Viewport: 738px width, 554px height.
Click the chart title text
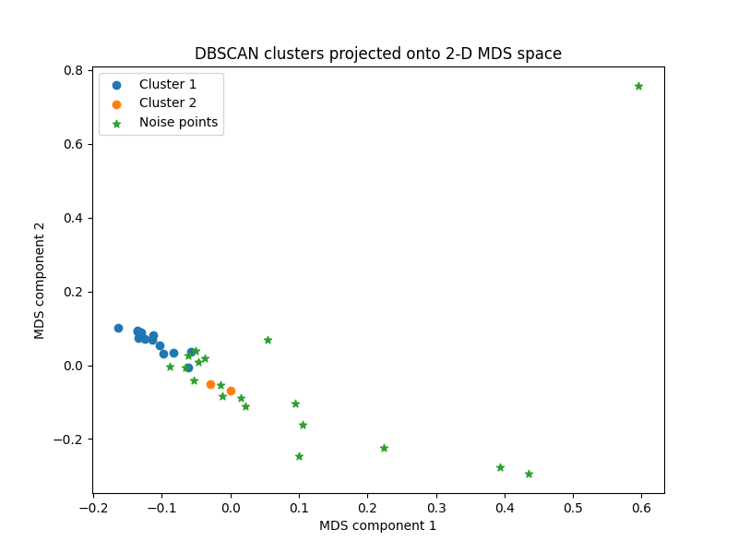click(377, 54)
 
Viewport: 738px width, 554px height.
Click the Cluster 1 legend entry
click(167, 85)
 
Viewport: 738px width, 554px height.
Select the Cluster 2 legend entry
click(167, 103)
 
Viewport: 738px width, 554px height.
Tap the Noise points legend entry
click(178, 122)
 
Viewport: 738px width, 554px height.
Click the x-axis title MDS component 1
click(377, 525)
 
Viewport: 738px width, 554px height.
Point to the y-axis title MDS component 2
click(40, 280)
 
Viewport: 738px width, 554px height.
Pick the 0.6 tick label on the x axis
click(641, 508)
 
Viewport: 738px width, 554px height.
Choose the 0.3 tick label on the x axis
click(435, 508)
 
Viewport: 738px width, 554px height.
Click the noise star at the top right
click(638, 86)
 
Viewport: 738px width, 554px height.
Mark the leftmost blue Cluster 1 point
click(118, 328)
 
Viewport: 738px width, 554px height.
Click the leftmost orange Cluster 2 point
click(210, 384)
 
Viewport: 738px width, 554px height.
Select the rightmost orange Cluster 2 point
click(231, 391)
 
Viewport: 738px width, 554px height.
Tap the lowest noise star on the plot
click(529, 474)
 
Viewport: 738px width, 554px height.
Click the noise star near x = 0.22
click(384, 448)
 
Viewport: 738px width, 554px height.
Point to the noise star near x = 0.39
click(500, 467)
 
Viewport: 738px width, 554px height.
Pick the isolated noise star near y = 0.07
click(268, 340)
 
